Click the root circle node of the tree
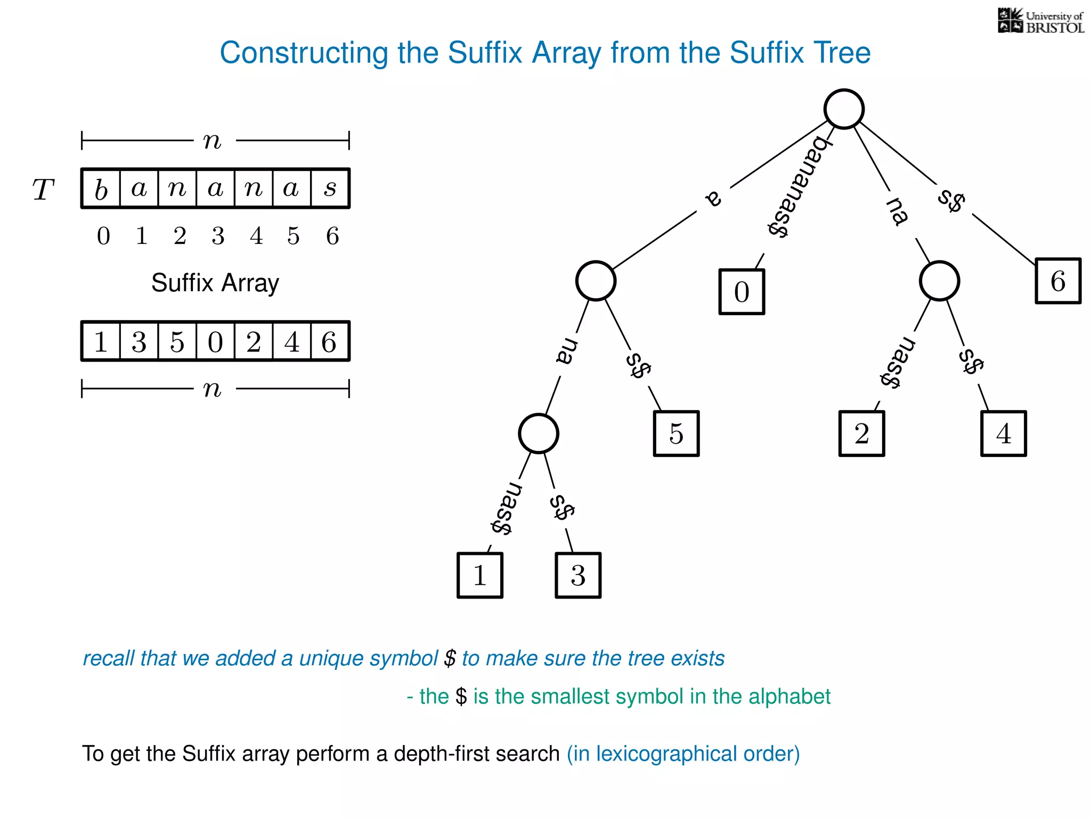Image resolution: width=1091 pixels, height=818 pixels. (843, 109)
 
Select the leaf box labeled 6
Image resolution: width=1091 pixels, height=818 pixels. (1057, 281)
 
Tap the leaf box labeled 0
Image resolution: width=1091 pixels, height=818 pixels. (742, 292)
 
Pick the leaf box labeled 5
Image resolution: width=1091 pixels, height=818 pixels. (676, 433)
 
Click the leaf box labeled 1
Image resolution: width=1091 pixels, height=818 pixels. (479, 575)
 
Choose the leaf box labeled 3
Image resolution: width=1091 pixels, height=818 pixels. (578, 575)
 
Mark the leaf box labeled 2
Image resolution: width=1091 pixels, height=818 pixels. (861, 433)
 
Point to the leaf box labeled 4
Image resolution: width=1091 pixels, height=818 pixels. (1003, 433)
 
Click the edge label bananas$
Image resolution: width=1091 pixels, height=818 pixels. (799, 186)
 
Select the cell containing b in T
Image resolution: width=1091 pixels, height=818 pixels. (101, 189)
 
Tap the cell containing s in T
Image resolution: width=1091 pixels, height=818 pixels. (330, 189)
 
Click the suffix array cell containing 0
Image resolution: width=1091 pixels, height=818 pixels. (215, 341)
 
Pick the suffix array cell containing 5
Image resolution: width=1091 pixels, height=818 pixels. (177, 341)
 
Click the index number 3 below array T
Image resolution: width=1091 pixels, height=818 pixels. (218, 236)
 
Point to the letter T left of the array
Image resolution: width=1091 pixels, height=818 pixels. (43, 190)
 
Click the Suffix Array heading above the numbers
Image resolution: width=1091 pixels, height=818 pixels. (215, 283)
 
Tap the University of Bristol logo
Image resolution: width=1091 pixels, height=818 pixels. (1040, 21)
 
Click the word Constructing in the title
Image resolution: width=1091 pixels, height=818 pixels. (304, 53)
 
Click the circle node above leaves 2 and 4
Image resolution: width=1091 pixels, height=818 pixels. (939, 281)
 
